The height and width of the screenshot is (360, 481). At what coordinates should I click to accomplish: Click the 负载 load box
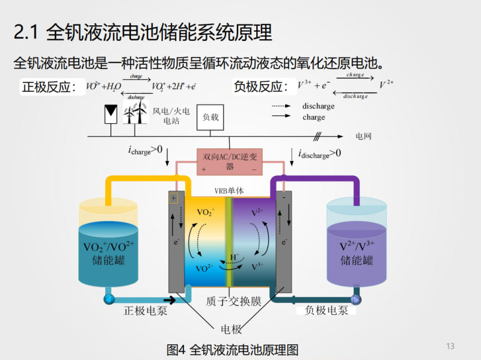point(211,117)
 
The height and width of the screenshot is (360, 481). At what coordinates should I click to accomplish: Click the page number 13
point(450,346)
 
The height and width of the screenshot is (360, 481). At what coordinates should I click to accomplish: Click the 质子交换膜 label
point(233,301)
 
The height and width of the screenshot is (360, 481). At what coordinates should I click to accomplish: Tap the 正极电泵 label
point(145,311)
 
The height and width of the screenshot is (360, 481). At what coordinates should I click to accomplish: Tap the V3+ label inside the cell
point(256,267)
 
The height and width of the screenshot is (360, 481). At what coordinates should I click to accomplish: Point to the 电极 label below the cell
point(231,329)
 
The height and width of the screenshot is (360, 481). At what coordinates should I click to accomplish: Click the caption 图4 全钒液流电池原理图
point(232,349)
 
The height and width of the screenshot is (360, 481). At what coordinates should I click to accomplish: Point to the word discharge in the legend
point(318,106)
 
